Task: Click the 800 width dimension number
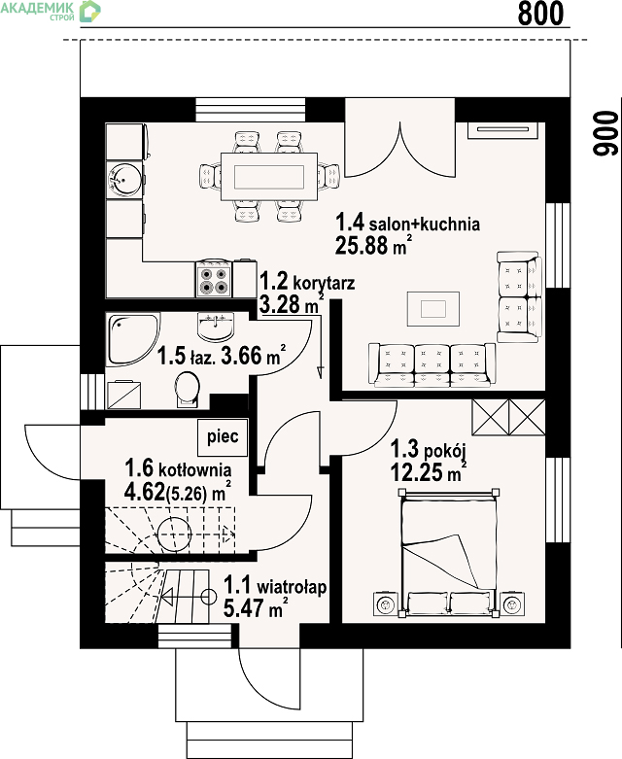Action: point(540,13)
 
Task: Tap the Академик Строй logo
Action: point(51,11)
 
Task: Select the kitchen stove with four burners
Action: point(215,279)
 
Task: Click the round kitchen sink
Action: point(124,180)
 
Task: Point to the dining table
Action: point(269,177)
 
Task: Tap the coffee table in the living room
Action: point(432,309)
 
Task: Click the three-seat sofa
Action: point(432,365)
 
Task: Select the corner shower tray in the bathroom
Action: point(132,340)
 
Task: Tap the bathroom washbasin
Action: point(216,327)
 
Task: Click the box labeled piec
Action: point(223,436)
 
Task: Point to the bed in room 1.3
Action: point(448,553)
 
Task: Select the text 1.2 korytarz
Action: point(307,281)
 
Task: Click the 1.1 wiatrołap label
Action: point(275,586)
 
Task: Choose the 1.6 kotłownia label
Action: point(178,468)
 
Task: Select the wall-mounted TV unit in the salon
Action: point(503,129)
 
